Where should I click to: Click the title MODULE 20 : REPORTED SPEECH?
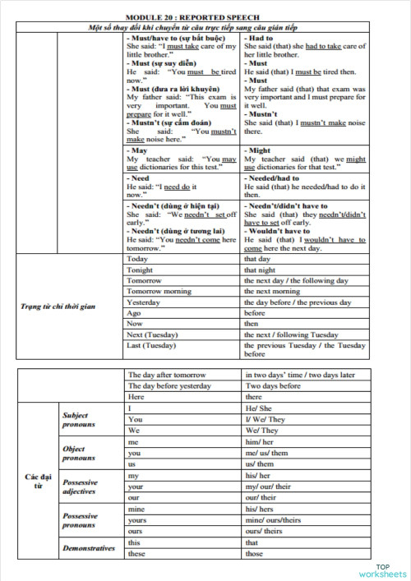(x=205, y=17)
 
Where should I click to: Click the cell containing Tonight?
(x=140, y=270)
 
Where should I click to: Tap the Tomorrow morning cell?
(x=159, y=291)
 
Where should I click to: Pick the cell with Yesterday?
(x=143, y=302)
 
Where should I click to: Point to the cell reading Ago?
(x=134, y=313)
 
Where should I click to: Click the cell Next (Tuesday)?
(x=152, y=334)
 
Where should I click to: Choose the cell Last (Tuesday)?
(x=152, y=346)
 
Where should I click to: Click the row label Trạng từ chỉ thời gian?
(x=58, y=307)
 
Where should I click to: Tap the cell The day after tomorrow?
(x=168, y=375)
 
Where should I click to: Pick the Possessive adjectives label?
(x=81, y=486)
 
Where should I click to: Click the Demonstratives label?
(x=88, y=548)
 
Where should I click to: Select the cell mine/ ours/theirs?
(x=274, y=520)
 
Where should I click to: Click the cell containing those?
(x=255, y=553)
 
